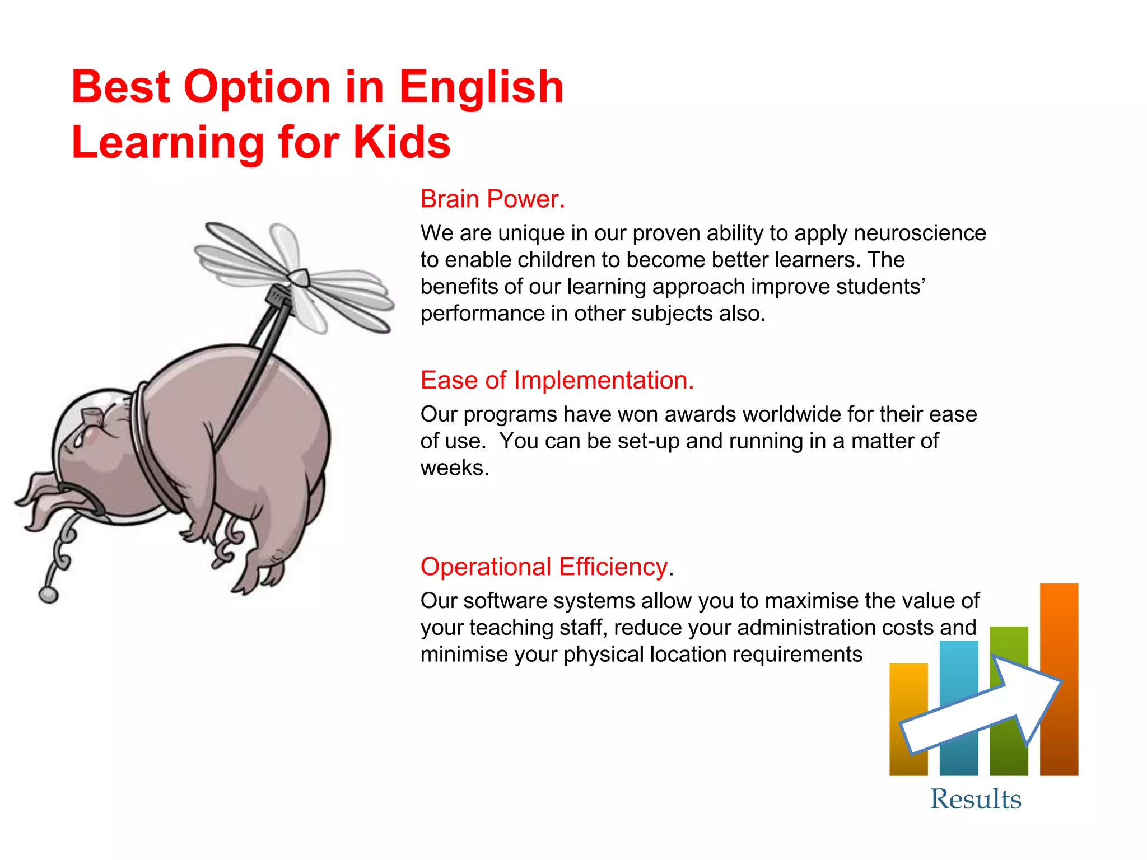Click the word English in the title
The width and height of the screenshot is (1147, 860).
[x=481, y=88]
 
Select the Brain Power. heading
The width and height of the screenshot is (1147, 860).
[x=493, y=199]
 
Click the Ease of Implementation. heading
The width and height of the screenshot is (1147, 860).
[x=557, y=381]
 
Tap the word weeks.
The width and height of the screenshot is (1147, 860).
[x=454, y=468]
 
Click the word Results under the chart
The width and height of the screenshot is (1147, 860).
[x=976, y=799]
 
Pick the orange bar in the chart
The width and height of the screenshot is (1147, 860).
[x=1059, y=627]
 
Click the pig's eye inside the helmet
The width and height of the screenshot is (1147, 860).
[x=79, y=441]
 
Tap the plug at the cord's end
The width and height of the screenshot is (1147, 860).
[x=49, y=595]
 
